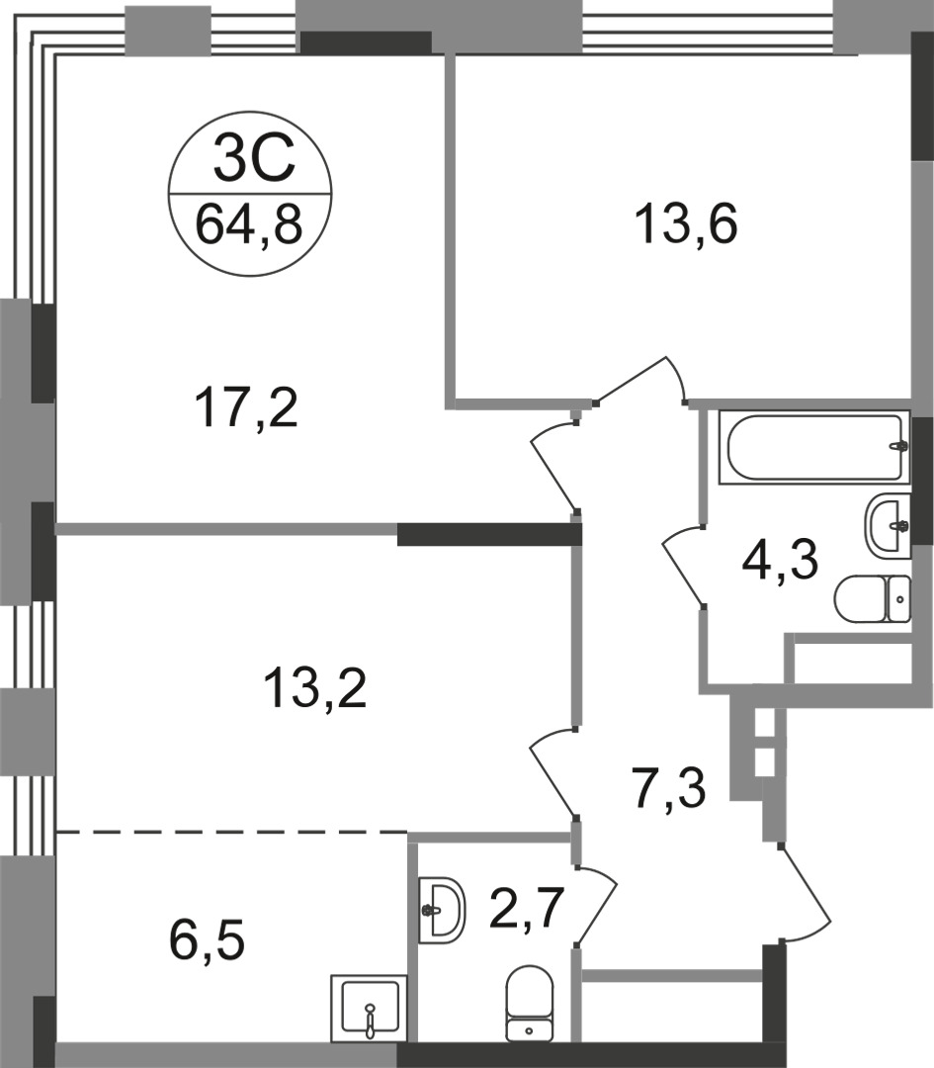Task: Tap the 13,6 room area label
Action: coord(686,224)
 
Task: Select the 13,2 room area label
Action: coord(315,689)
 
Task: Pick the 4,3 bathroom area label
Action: coord(779,560)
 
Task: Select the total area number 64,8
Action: coord(248,224)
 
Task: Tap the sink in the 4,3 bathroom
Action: coord(887,525)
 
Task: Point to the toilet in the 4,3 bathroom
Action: coord(872,599)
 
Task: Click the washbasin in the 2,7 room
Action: coord(442,910)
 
